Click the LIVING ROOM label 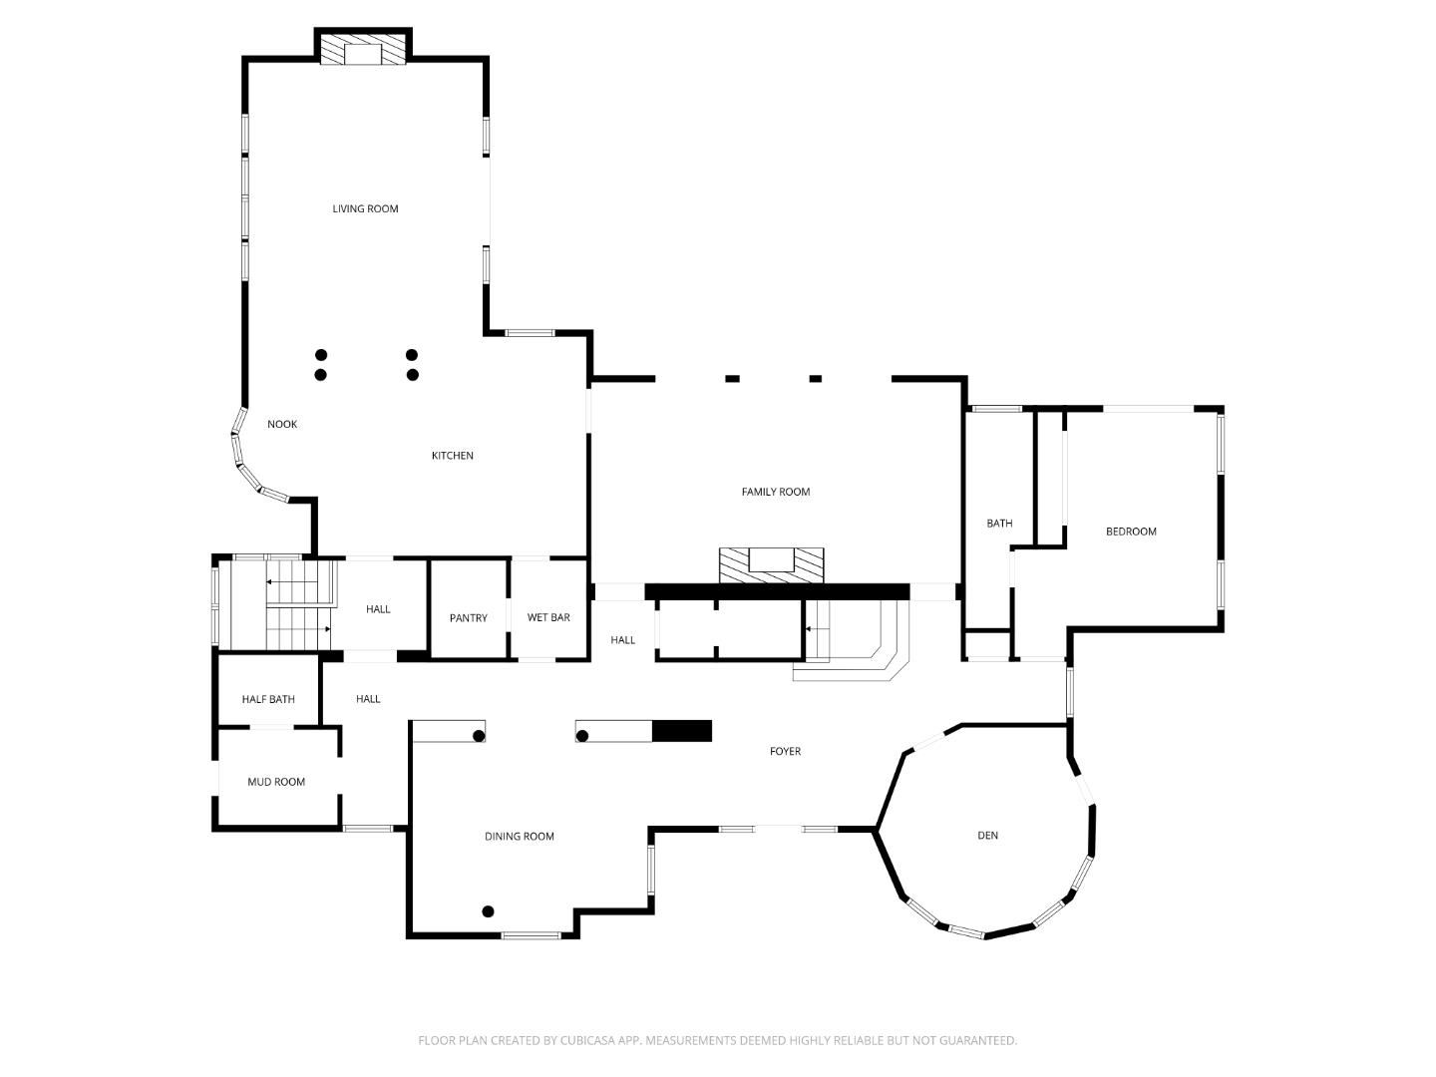pos(365,208)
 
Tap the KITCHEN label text pos(452,456)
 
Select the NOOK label pos(282,424)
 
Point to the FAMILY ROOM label pos(775,492)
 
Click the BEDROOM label pos(1131,532)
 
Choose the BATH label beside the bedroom pos(999,524)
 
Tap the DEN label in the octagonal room pos(987,836)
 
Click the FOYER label pos(785,751)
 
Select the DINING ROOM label pos(519,837)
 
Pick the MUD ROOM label pos(276,782)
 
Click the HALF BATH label pos(268,699)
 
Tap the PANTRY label pos(468,618)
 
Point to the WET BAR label pos(548,617)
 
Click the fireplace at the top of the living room pos(363,53)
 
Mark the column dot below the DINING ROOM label pos(488,910)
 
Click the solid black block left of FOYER pos(682,731)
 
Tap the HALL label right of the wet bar pos(622,640)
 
